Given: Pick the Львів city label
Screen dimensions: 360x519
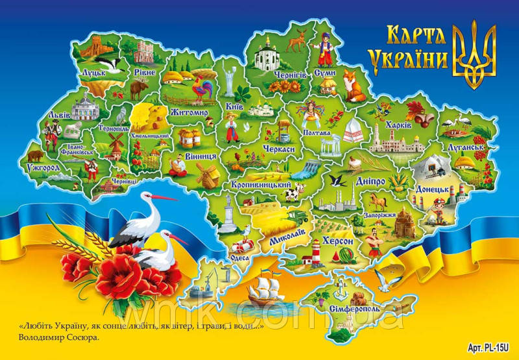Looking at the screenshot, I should (51, 116).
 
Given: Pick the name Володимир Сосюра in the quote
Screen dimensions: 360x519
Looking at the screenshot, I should (61, 337).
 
